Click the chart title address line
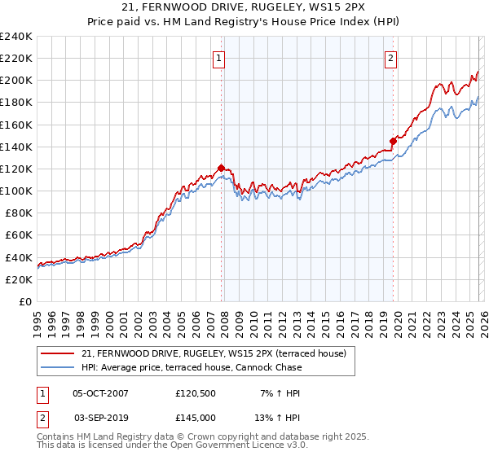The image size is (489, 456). pyautogui.click(x=244, y=8)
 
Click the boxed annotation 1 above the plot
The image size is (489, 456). pyautogui.click(x=220, y=58)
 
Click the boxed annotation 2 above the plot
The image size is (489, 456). pyautogui.click(x=391, y=58)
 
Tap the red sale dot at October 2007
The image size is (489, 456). pyautogui.click(x=221, y=169)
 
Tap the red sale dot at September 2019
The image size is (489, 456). pyautogui.click(x=393, y=141)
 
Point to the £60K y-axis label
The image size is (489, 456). pyautogui.click(x=18, y=235)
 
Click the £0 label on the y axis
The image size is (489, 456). pyautogui.click(x=24, y=301)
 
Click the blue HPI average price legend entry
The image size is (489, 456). pyautogui.click(x=192, y=367)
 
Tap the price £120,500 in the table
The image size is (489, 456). pyautogui.click(x=196, y=393)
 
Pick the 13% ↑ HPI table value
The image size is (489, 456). pyautogui.click(x=278, y=417)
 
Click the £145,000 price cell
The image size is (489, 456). pyautogui.click(x=196, y=417)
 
